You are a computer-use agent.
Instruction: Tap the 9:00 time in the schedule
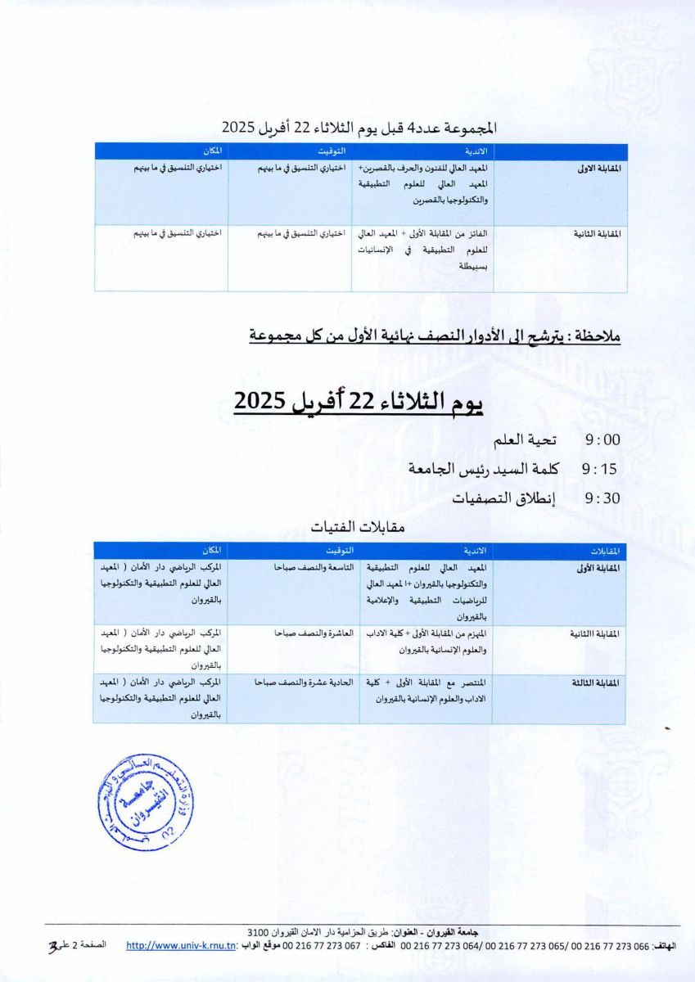[602, 440]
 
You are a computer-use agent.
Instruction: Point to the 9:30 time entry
[602, 498]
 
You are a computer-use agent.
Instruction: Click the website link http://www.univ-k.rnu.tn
[182, 945]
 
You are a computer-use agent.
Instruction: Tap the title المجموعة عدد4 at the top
[359, 128]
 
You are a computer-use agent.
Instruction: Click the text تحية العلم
[525, 440]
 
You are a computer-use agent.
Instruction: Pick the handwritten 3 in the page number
[53, 947]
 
